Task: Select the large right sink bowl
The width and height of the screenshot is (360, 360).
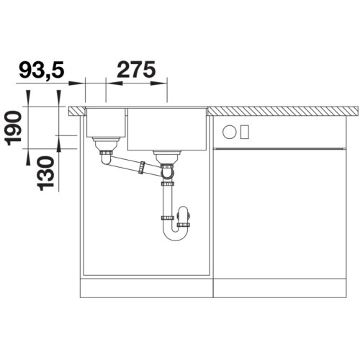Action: tap(168, 129)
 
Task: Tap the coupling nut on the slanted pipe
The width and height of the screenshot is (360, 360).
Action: tap(143, 168)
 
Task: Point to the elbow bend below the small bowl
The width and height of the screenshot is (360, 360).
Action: tap(106, 159)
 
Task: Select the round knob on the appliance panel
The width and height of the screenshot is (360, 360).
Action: tap(230, 132)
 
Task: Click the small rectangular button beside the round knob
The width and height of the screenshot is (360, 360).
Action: tap(244, 132)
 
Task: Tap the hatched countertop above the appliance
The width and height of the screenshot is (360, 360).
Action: tap(284, 111)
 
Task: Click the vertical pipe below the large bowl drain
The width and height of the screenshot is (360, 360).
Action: tap(168, 198)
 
